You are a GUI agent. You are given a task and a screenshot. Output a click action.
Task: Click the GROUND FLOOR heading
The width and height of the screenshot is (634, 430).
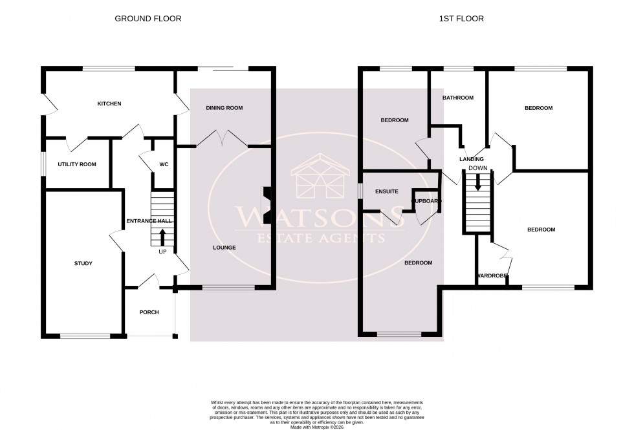(x=148, y=19)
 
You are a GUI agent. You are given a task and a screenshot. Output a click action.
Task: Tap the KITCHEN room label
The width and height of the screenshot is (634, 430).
(x=109, y=104)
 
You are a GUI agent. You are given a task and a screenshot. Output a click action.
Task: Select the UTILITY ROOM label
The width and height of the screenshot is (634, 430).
(x=77, y=165)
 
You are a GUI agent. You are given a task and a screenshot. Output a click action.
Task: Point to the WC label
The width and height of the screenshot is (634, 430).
(x=164, y=165)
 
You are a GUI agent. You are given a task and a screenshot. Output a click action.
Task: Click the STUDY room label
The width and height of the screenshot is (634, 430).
(x=83, y=263)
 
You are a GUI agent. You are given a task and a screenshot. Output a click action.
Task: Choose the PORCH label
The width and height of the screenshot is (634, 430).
(x=149, y=312)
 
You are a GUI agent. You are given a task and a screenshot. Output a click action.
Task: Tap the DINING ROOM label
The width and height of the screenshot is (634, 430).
(x=224, y=108)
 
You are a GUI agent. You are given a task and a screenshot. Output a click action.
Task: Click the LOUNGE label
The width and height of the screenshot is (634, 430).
(x=224, y=248)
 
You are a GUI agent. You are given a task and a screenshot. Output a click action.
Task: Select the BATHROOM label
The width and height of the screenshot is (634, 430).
(x=458, y=98)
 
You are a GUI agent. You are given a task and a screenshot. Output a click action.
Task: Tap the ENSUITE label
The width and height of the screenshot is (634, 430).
(x=387, y=191)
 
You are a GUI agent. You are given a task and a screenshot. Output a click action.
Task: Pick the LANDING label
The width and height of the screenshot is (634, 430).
(x=472, y=159)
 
